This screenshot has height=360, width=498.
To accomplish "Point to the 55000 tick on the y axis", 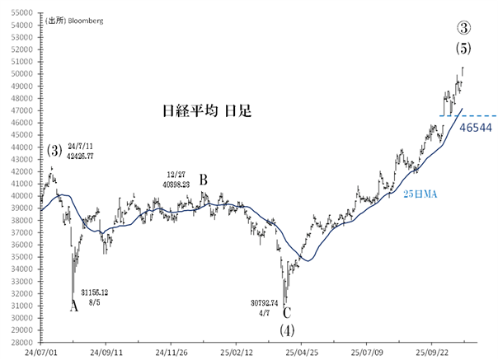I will [21, 13].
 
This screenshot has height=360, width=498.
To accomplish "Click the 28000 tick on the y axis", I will [21, 342].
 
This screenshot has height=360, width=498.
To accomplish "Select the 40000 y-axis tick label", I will [21, 196].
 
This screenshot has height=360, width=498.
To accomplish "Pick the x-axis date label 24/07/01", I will [40, 352].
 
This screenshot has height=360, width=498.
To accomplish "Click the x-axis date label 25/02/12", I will [235, 352].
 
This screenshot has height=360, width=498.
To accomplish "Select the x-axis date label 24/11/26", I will [170, 352].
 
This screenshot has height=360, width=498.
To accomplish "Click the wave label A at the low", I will [74, 306].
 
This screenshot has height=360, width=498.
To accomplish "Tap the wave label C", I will [286, 312].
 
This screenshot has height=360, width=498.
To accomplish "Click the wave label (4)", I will [286, 330].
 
